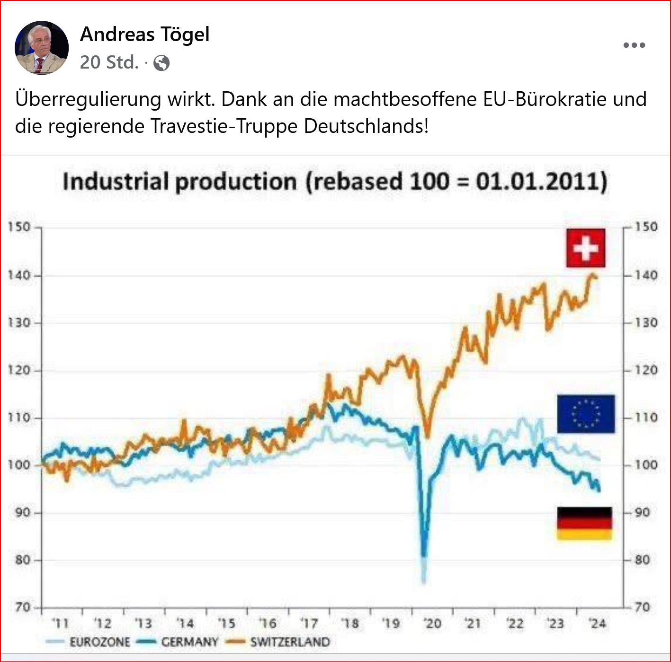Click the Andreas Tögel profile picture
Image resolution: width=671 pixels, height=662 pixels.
coord(42,47)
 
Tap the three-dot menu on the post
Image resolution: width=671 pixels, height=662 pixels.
coord(634,45)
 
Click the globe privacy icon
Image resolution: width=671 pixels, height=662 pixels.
coord(161,63)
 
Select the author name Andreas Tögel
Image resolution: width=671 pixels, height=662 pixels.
coord(145,35)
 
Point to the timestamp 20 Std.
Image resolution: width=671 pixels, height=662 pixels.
coord(109,62)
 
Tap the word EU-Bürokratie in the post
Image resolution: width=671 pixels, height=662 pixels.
coord(545,99)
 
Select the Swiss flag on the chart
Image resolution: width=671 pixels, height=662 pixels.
coord(585,248)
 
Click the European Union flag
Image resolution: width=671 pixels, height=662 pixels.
coord(586,414)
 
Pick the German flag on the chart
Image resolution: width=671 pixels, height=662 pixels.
coord(584,523)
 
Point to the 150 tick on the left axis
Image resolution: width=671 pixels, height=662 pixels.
coord(19,227)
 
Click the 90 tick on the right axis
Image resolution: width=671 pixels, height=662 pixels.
coord(643,513)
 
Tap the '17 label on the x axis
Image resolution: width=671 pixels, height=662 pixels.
coord(309,624)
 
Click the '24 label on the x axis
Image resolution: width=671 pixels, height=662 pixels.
coord(598,624)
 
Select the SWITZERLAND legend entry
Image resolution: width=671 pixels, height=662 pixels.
coord(289,642)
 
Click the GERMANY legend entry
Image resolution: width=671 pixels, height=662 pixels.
coord(189,642)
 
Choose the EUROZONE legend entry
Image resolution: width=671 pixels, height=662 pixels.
coord(99,642)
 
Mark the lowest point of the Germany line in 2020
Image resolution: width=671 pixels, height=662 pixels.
coord(423,555)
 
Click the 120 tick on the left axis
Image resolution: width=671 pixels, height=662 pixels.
coord(19,370)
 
